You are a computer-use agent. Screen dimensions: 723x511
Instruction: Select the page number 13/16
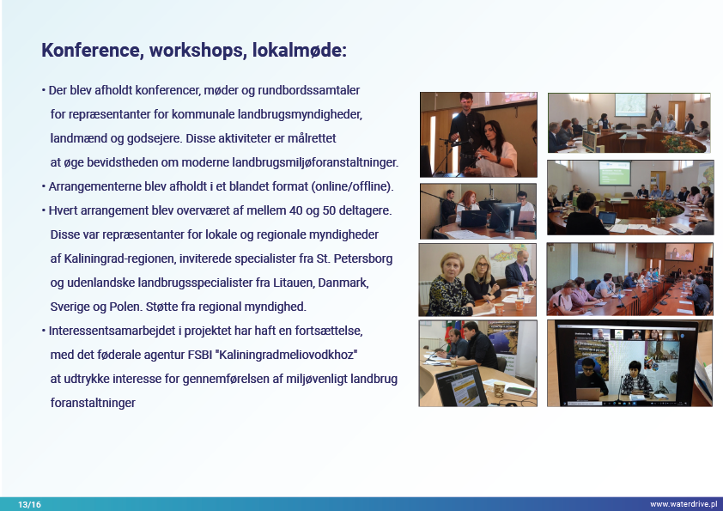coord(29,504)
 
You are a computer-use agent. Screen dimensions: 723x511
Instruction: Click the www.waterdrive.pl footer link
coord(684,504)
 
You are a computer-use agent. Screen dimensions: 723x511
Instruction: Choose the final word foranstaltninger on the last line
coord(93,403)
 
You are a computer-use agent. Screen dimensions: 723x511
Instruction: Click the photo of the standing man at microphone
coord(478,135)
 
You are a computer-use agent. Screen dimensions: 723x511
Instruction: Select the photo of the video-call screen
coord(630,363)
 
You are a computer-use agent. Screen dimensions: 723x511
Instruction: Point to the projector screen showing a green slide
coord(615,173)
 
